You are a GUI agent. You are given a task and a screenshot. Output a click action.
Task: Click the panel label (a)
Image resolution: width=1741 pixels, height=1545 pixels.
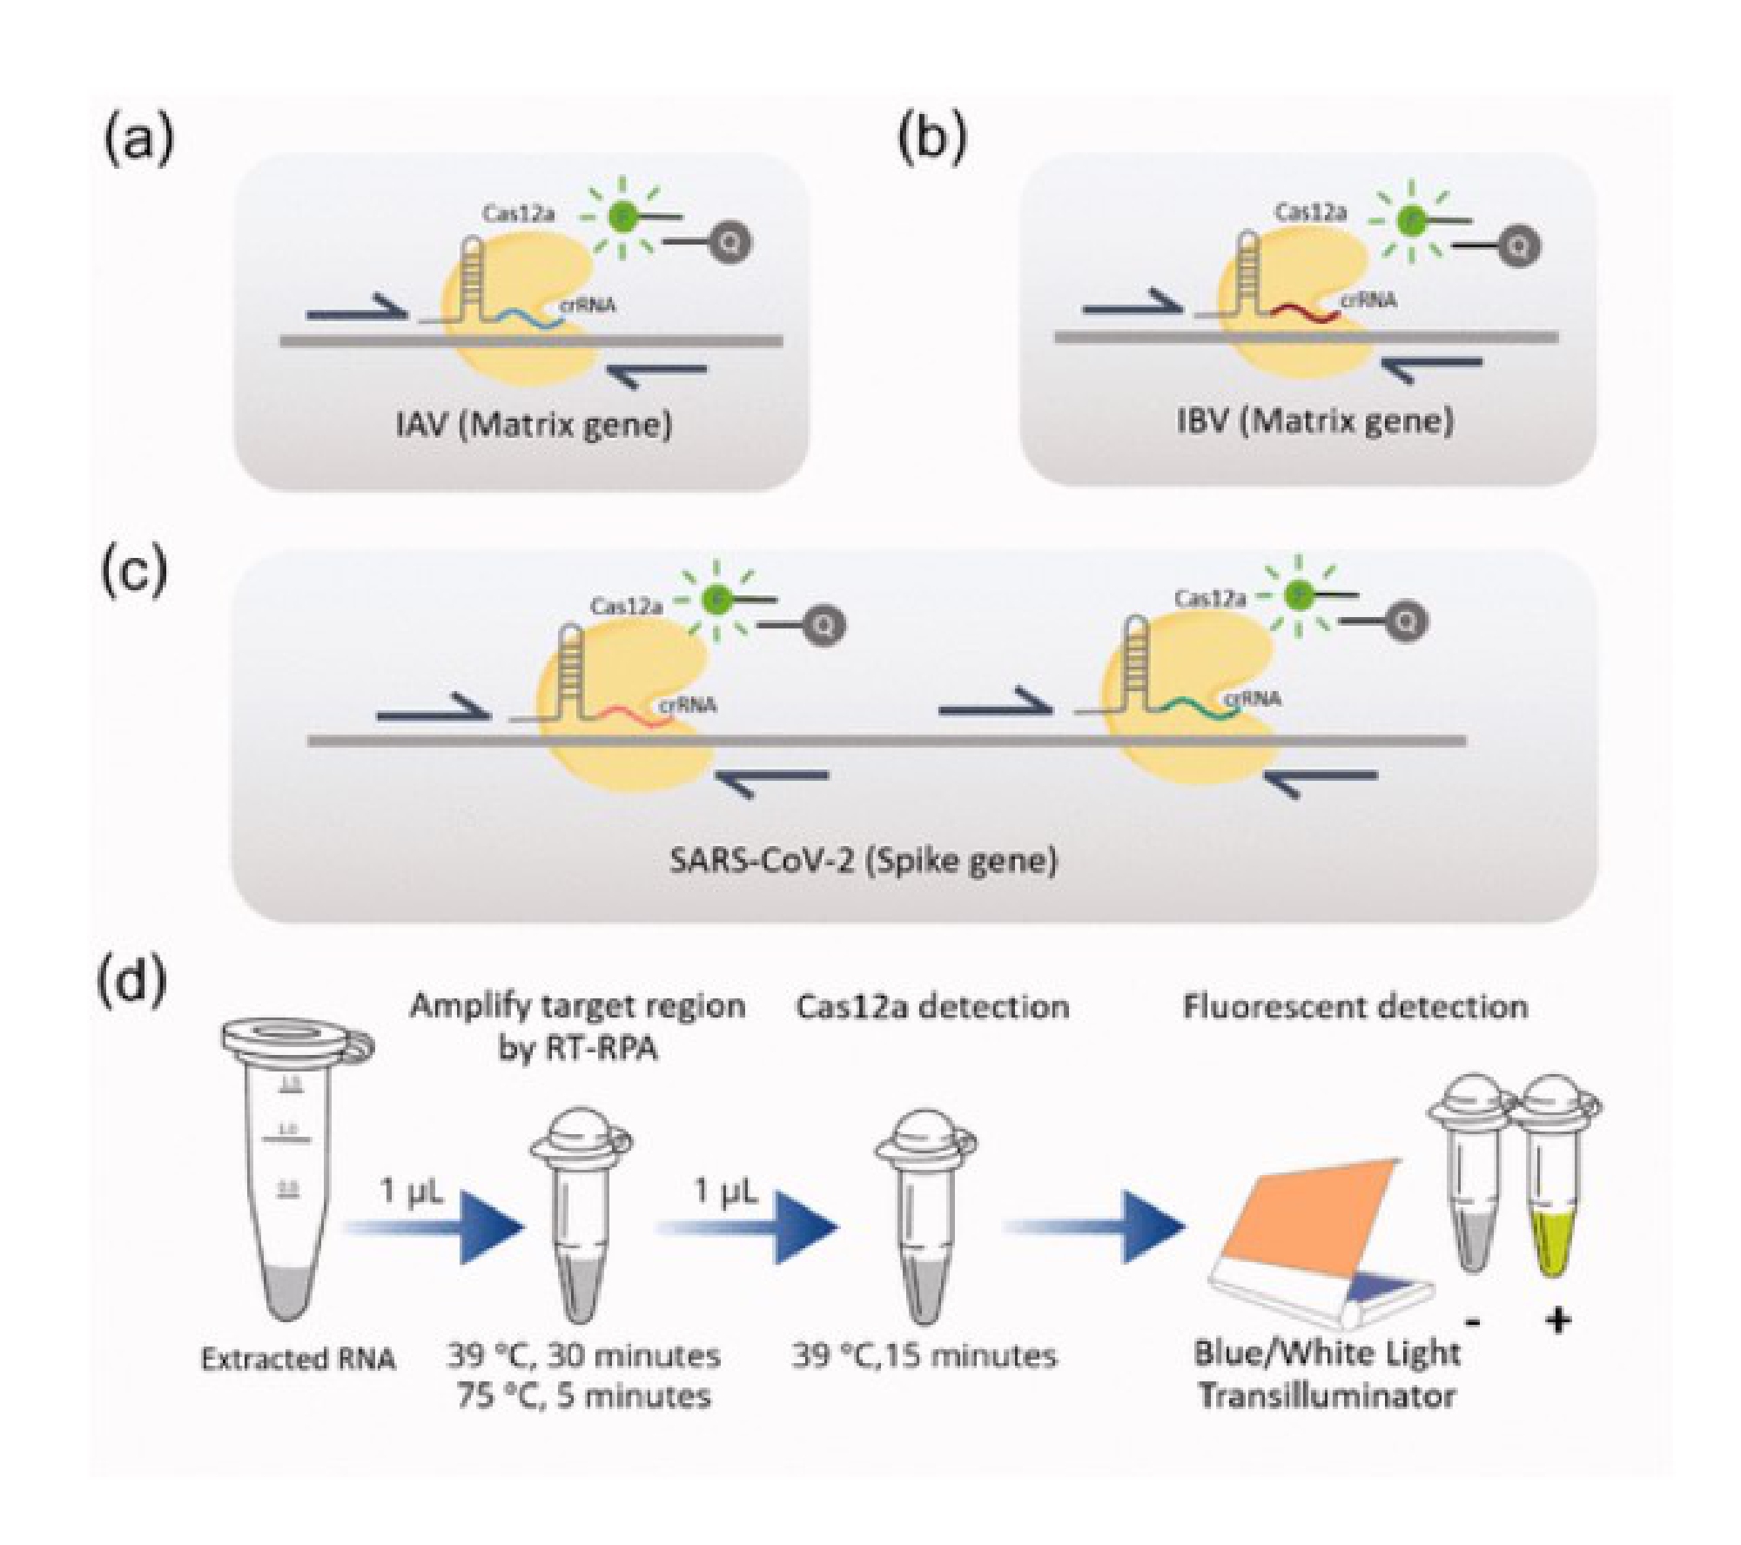coord(138,142)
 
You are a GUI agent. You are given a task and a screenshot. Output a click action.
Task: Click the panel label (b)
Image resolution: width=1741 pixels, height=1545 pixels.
coord(932,140)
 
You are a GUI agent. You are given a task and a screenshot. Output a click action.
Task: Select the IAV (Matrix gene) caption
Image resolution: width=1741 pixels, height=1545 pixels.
coord(534,426)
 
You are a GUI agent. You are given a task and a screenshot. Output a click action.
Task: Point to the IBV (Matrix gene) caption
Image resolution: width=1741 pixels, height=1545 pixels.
coord(1314,421)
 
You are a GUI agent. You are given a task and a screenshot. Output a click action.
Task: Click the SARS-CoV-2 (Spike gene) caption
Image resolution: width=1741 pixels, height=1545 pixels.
coord(864,860)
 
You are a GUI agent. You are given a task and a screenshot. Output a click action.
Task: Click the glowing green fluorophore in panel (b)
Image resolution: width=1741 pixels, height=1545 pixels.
coord(1408,223)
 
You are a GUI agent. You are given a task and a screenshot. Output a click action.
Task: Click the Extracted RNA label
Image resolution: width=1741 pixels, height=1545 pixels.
coord(298,1360)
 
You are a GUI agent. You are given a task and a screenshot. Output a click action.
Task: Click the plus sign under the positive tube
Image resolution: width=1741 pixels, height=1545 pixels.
coord(1557,1322)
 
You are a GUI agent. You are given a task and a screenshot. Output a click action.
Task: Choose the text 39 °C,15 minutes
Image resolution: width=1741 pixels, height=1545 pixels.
coord(924,1355)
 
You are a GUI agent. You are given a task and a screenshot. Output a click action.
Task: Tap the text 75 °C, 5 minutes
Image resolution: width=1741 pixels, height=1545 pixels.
coord(582,1396)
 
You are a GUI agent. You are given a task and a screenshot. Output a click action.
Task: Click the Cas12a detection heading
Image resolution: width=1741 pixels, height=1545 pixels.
coord(932,1007)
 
